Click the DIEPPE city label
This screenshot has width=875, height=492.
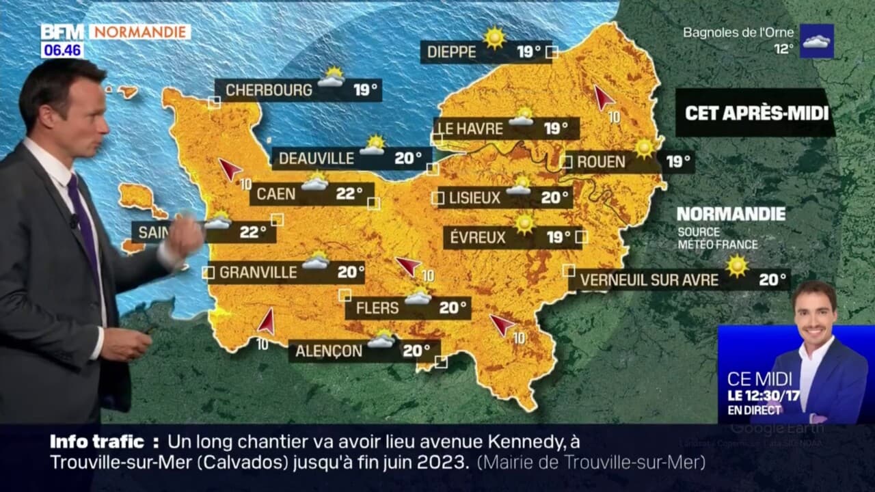[x=451, y=52]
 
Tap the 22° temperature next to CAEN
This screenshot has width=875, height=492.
[x=349, y=194]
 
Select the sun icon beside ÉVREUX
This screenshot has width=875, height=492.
[x=525, y=223]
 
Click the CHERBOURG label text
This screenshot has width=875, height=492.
[x=269, y=90]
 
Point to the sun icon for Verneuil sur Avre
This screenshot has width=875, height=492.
[x=737, y=266]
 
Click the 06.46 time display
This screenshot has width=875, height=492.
[x=62, y=50]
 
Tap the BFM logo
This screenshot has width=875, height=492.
[x=62, y=32]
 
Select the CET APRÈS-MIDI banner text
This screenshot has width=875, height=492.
[x=756, y=113]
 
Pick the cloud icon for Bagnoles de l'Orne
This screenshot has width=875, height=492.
[x=816, y=41]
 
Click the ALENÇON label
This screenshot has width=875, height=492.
[x=329, y=351]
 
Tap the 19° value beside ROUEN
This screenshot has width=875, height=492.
[x=679, y=162]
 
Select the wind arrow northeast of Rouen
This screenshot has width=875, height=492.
[x=603, y=97]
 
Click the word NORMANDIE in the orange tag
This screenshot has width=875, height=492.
[x=139, y=32]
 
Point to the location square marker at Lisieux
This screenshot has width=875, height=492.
[x=437, y=198]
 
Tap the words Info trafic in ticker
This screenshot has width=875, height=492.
[x=96, y=441]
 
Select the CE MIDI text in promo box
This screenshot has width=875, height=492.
[x=759, y=379]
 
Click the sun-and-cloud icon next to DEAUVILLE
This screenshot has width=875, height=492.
[x=373, y=145]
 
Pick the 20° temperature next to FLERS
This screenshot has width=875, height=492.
[x=453, y=308]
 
